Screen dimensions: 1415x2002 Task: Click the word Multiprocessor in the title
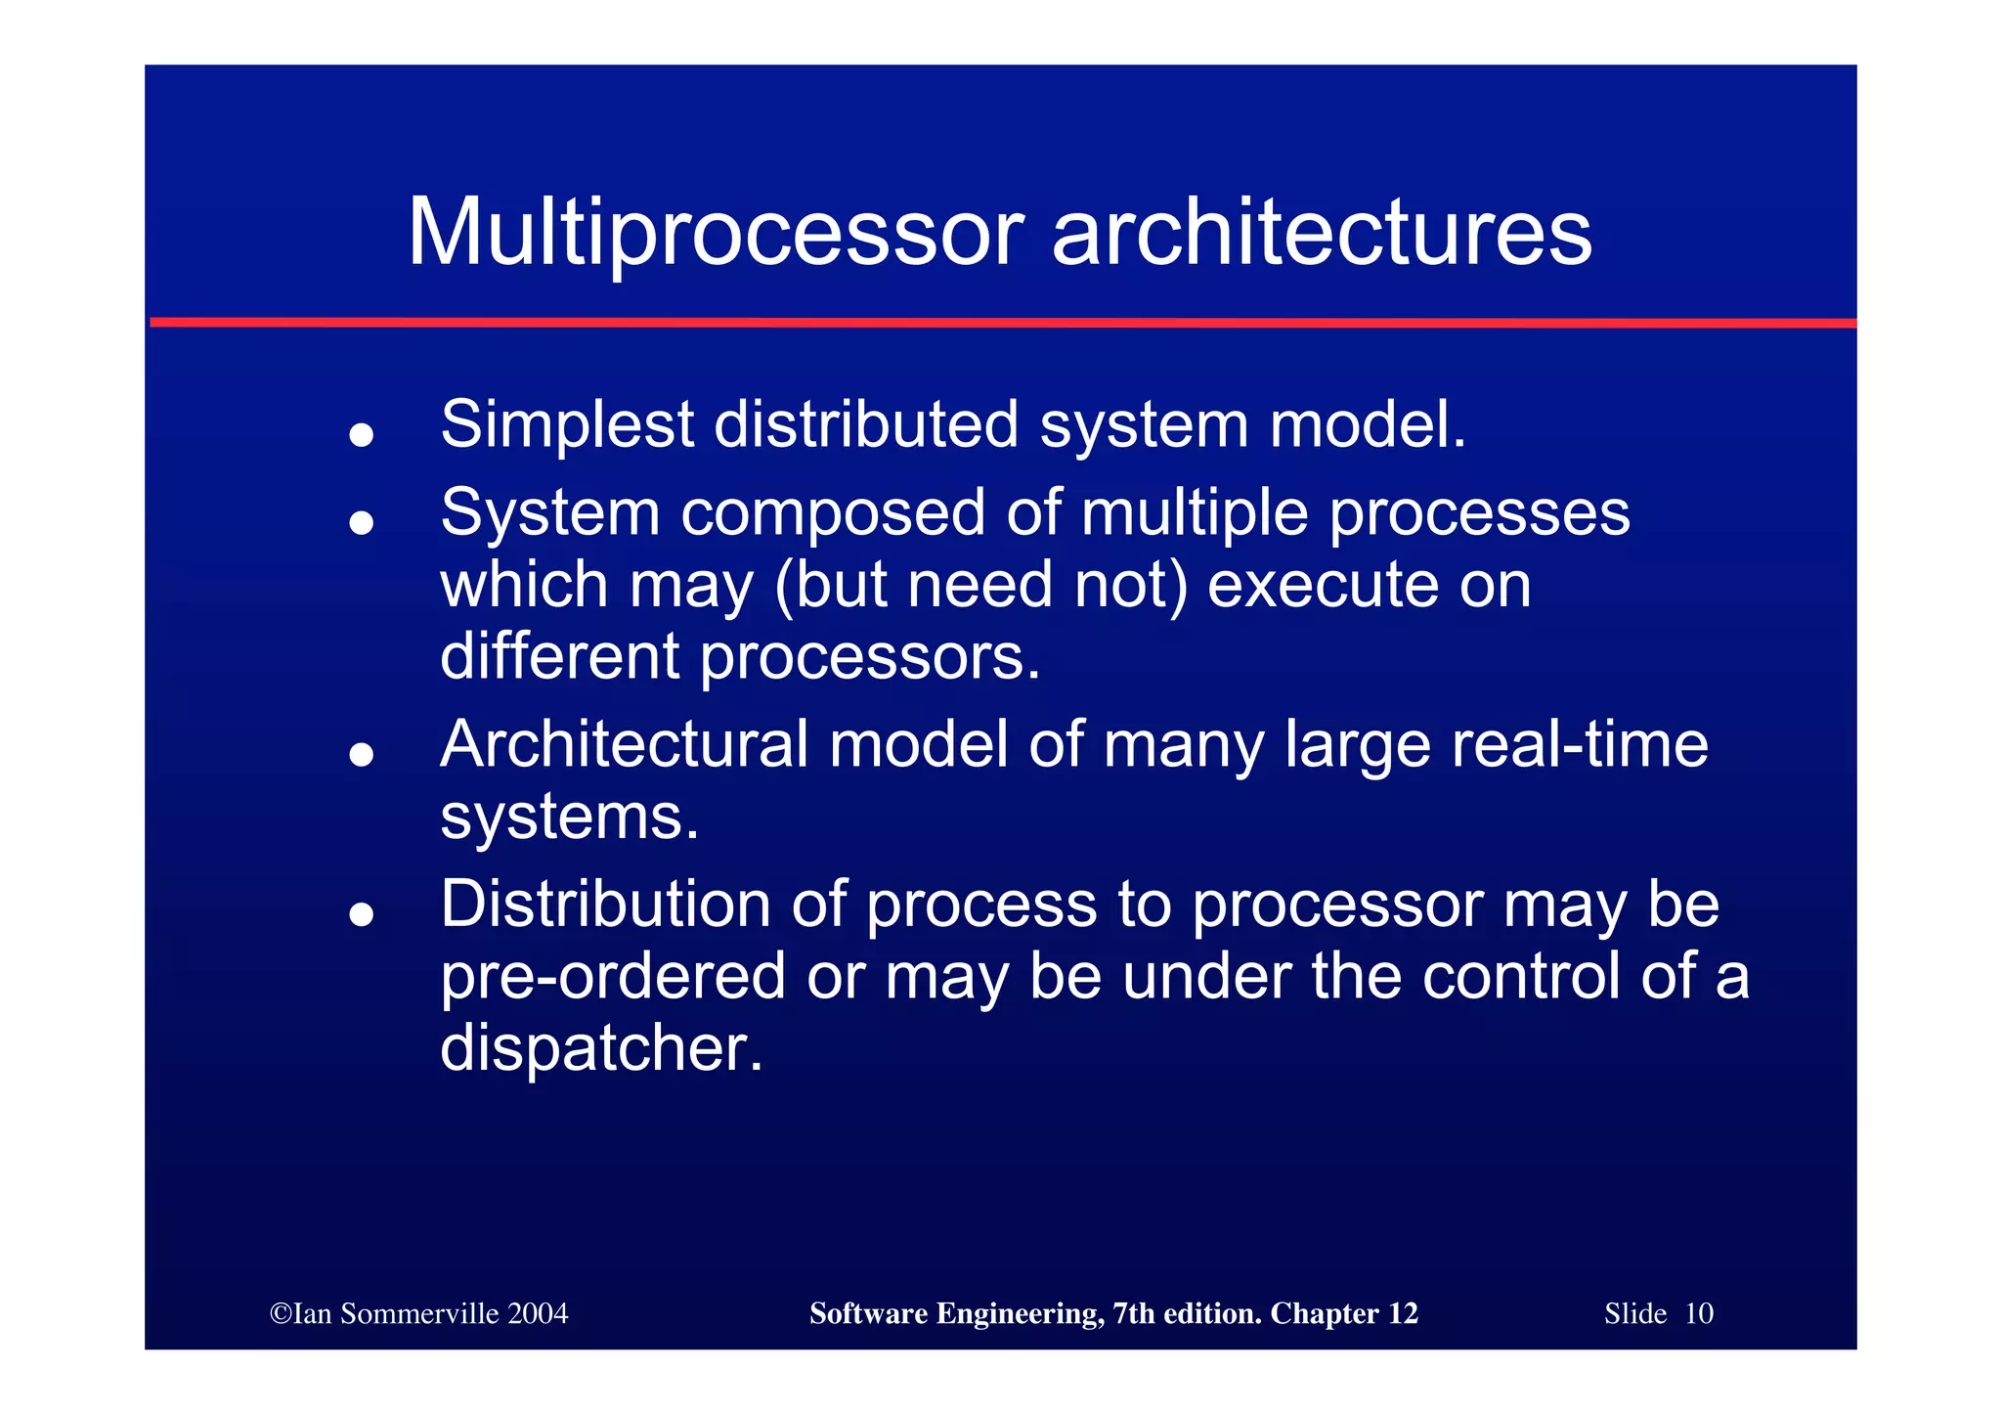[715, 234]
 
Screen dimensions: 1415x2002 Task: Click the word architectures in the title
[1322, 234]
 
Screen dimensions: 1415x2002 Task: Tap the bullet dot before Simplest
[362, 434]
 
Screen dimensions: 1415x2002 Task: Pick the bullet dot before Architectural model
[362, 754]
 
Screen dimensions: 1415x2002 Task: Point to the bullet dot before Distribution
[362, 914]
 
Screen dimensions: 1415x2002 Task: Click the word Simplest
[567, 425]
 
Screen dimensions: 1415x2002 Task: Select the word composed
[833, 513]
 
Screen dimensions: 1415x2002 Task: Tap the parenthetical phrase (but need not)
[980, 585]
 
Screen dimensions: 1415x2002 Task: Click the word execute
[1323, 585]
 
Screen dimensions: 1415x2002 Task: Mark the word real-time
[1580, 745]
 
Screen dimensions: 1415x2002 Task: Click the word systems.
[569, 817]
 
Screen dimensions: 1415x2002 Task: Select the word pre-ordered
[613, 976]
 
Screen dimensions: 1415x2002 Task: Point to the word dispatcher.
[600, 1047]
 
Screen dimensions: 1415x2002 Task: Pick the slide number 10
[1699, 1313]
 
